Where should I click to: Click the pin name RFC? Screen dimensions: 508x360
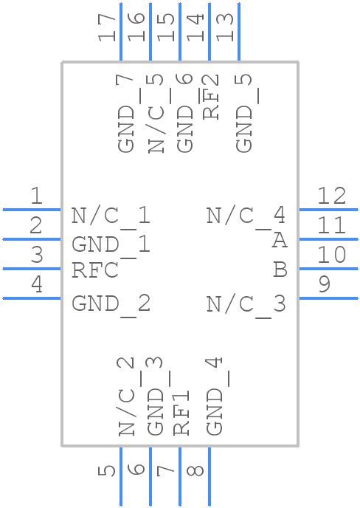click(x=94, y=270)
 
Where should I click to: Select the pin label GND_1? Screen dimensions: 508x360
click(x=111, y=244)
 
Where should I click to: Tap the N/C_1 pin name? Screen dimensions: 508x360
click(x=111, y=216)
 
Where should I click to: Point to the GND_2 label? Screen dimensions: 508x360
click(x=111, y=303)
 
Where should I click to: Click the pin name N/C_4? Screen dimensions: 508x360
click(x=246, y=216)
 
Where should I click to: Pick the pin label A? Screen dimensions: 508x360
click(x=279, y=241)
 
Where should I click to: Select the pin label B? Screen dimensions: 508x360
click(x=279, y=270)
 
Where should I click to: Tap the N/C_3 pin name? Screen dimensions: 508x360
click(x=246, y=303)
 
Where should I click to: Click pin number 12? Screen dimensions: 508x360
click(x=331, y=196)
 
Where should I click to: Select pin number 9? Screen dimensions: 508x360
click(x=325, y=284)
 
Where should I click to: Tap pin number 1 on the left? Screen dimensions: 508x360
click(x=35, y=196)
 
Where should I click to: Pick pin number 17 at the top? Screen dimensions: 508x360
click(x=108, y=27)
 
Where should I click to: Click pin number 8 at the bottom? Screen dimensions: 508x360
click(x=196, y=470)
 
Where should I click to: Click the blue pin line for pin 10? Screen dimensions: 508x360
click(x=328, y=269)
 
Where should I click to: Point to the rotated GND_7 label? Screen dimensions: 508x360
click(x=127, y=114)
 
